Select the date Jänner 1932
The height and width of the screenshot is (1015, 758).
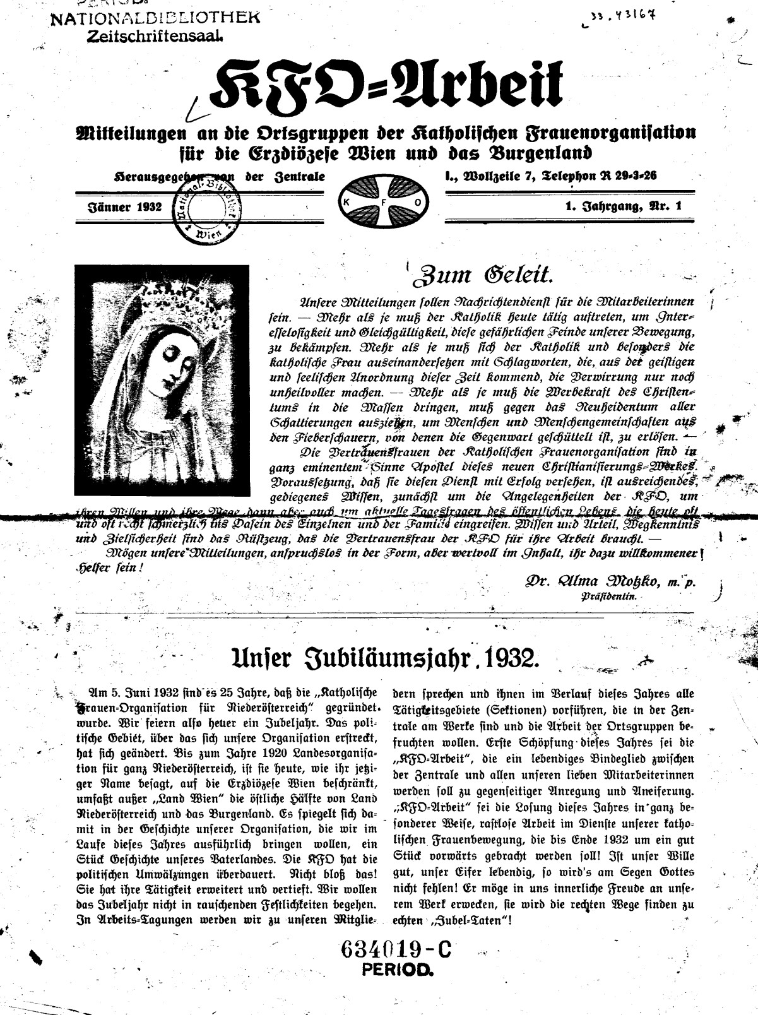click(x=124, y=206)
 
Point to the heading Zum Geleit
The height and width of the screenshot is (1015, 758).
click(x=482, y=275)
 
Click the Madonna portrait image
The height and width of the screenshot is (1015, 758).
click(x=162, y=379)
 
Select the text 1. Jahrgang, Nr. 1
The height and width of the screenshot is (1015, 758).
click(x=624, y=206)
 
